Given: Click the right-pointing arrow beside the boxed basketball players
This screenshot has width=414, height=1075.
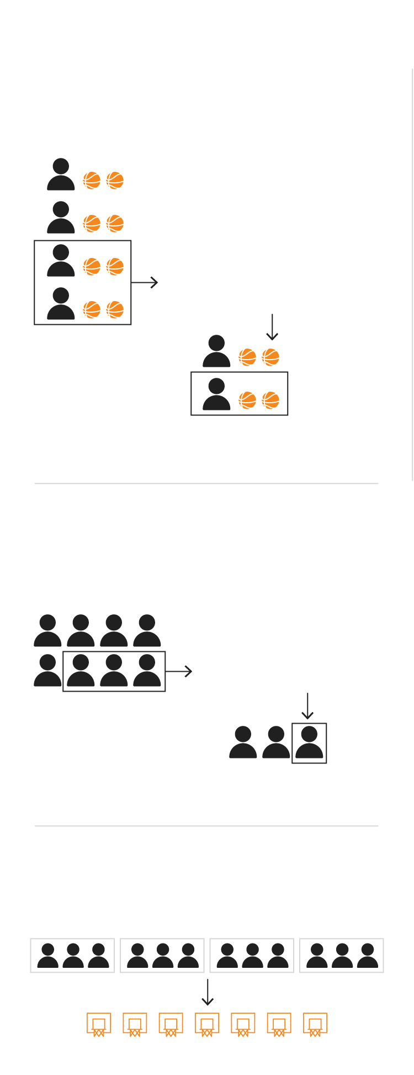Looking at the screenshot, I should tap(145, 282).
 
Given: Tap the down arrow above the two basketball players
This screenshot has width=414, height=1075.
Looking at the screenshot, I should tap(272, 327).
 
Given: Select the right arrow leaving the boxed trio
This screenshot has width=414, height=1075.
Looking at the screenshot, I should tap(179, 671).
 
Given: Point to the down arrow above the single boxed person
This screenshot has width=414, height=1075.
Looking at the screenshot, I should tap(307, 706).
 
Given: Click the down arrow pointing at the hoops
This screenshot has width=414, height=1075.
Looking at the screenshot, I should tap(207, 992).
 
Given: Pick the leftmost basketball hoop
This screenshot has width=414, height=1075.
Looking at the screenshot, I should tap(99, 1024).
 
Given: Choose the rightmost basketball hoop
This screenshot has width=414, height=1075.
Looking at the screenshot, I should tap(315, 1024).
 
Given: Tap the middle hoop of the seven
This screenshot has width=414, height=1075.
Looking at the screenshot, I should tap(207, 1024).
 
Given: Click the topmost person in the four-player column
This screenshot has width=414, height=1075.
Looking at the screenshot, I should tap(61, 175).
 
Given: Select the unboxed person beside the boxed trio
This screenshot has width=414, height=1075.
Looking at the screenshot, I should tap(47, 671).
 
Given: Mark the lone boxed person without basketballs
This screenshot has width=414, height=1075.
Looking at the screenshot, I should tap(309, 742).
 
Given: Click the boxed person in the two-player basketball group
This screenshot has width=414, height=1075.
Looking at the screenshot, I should tap(216, 394).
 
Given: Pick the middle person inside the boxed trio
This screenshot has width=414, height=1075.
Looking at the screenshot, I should tap(114, 671).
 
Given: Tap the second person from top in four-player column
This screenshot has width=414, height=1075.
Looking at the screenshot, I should tap(61, 218).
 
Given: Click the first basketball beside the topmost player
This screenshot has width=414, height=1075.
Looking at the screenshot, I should tap(92, 181).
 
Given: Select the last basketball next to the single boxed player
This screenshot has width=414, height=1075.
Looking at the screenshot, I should tap(270, 400).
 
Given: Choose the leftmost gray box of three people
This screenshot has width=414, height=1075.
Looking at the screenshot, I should tap(72, 955).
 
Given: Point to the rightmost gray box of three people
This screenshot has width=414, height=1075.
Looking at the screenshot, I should tap(342, 955).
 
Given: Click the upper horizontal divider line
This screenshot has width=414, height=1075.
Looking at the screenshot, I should tap(206, 483).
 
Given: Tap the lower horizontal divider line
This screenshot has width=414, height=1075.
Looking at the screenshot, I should tap(206, 826).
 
